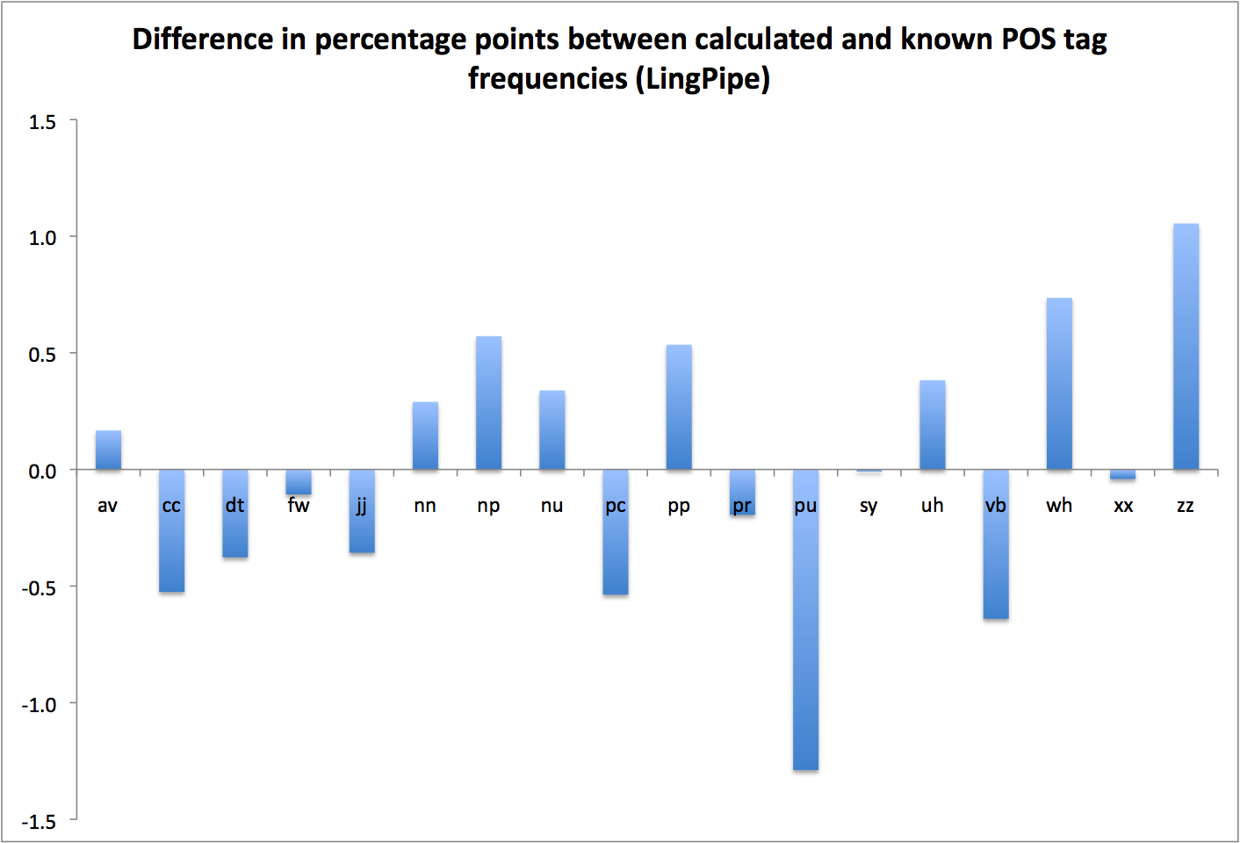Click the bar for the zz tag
click(x=1186, y=347)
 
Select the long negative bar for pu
click(x=805, y=620)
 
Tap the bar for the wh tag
click(x=1059, y=384)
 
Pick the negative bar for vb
click(x=996, y=544)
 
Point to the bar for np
click(x=488, y=403)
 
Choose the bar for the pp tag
click(x=679, y=407)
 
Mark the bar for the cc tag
click(x=171, y=531)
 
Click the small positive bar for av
click(x=108, y=450)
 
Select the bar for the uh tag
click(x=933, y=425)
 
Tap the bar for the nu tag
click(x=552, y=430)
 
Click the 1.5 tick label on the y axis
click(x=42, y=122)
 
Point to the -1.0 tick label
click(x=39, y=705)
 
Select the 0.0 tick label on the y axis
click(x=42, y=472)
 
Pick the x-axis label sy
click(x=869, y=506)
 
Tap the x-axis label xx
click(x=1122, y=506)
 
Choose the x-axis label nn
click(x=425, y=506)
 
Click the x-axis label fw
click(x=299, y=505)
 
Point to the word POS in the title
click(x=1027, y=40)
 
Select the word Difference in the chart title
click(x=203, y=40)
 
